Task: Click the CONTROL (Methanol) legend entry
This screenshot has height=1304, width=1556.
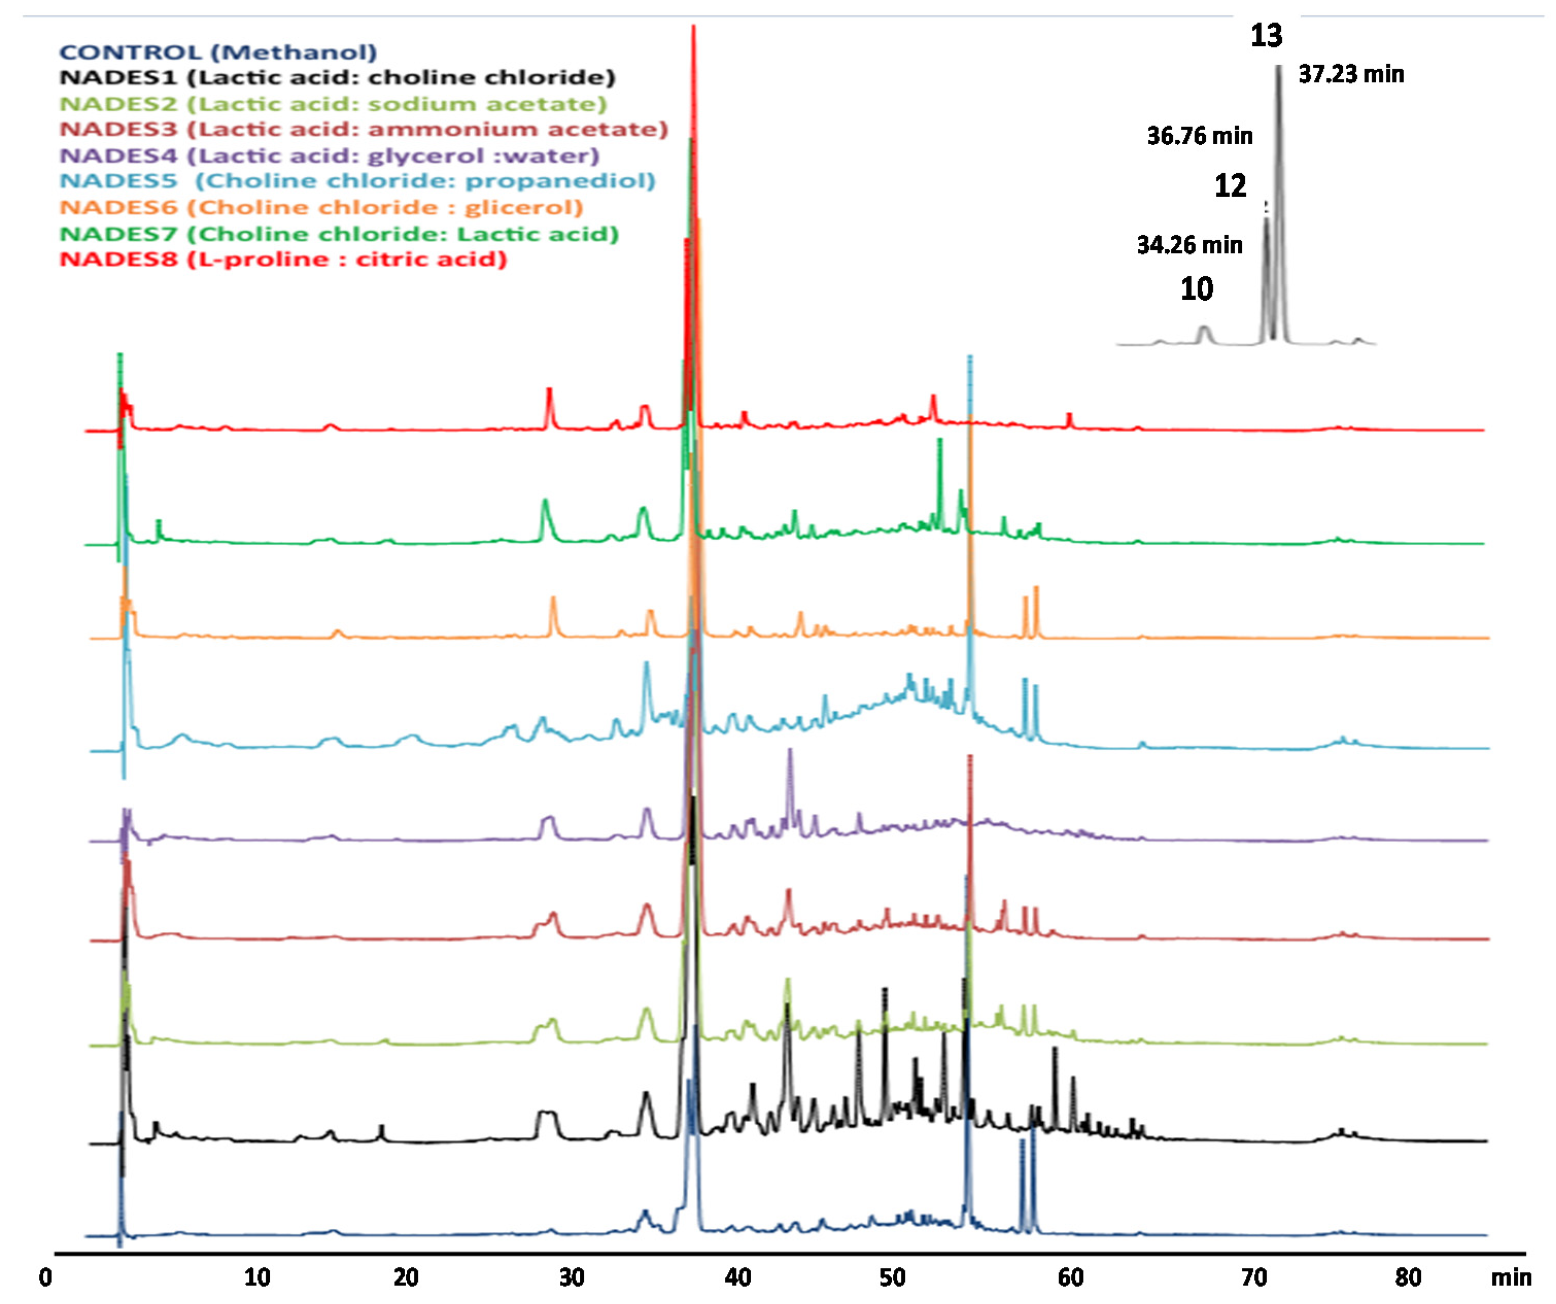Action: coord(218,52)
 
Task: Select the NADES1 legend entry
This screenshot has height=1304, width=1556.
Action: coord(337,77)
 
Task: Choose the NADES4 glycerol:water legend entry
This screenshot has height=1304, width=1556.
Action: coord(329,156)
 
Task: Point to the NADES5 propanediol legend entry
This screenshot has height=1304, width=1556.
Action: coord(357,181)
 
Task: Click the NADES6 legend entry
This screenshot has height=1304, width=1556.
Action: coord(321,208)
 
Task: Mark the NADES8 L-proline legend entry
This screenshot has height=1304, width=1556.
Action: coord(283,260)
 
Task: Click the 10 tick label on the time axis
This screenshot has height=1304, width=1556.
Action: coord(257,1277)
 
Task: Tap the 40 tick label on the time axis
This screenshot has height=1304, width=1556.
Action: coord(738,1277)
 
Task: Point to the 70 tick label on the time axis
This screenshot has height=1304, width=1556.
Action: coord(1254,1277)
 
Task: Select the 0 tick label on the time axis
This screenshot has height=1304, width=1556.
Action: coord(46,1277)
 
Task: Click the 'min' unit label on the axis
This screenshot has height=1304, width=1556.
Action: coord(1511,1277)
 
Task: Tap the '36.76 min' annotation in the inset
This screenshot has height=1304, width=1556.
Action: coord(1200,135)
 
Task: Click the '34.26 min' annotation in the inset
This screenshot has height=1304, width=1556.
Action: coord(1189,245)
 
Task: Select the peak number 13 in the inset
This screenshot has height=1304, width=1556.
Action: coord(1266,36)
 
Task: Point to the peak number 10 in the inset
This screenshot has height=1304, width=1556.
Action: coord(1197,288)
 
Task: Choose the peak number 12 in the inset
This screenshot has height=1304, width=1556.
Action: coord(1230,185)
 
